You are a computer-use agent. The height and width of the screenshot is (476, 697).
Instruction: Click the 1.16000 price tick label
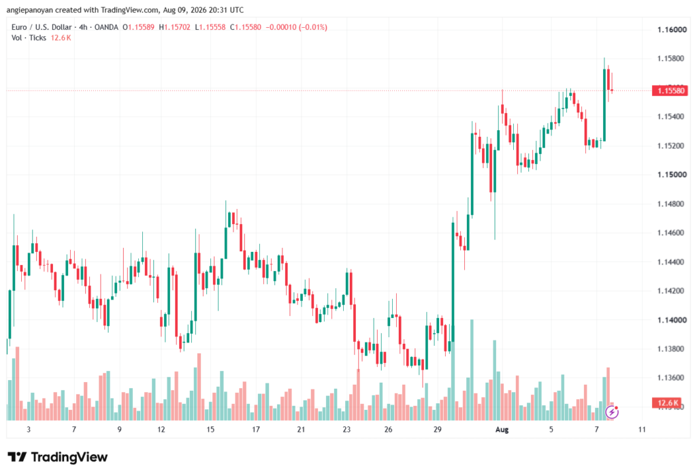[672, 30]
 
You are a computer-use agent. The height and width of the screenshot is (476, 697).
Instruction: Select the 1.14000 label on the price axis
[672, 320]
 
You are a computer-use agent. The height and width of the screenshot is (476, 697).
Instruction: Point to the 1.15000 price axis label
[672, 175]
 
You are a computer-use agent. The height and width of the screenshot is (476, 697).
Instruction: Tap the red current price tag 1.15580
[670, 91]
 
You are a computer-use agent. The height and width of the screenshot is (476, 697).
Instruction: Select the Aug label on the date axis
[502, 429]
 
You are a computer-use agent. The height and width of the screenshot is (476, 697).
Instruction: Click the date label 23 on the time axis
[346, 429]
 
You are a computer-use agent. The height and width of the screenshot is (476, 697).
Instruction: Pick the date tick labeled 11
[641, 429]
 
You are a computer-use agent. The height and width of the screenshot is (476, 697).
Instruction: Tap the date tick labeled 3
[29, 429]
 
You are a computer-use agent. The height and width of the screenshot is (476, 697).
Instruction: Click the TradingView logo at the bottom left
[58, 457]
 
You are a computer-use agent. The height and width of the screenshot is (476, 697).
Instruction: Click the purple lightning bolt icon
[612, 413]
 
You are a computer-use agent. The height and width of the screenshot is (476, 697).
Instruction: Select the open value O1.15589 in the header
[138, 27]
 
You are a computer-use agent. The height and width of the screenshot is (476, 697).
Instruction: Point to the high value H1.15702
[175, 27]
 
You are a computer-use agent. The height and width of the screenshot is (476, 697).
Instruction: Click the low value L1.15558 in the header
[210, 27]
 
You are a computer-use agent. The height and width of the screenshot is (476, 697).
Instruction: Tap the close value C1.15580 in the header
[246, 27]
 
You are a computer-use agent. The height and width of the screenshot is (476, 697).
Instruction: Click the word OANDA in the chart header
[106, 27]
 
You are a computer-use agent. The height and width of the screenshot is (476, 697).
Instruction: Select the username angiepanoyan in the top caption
[30, 10]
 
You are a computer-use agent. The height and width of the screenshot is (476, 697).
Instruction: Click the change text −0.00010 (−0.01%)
[297, 27]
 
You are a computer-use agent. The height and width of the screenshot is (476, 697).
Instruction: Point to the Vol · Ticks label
[29, 38]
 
